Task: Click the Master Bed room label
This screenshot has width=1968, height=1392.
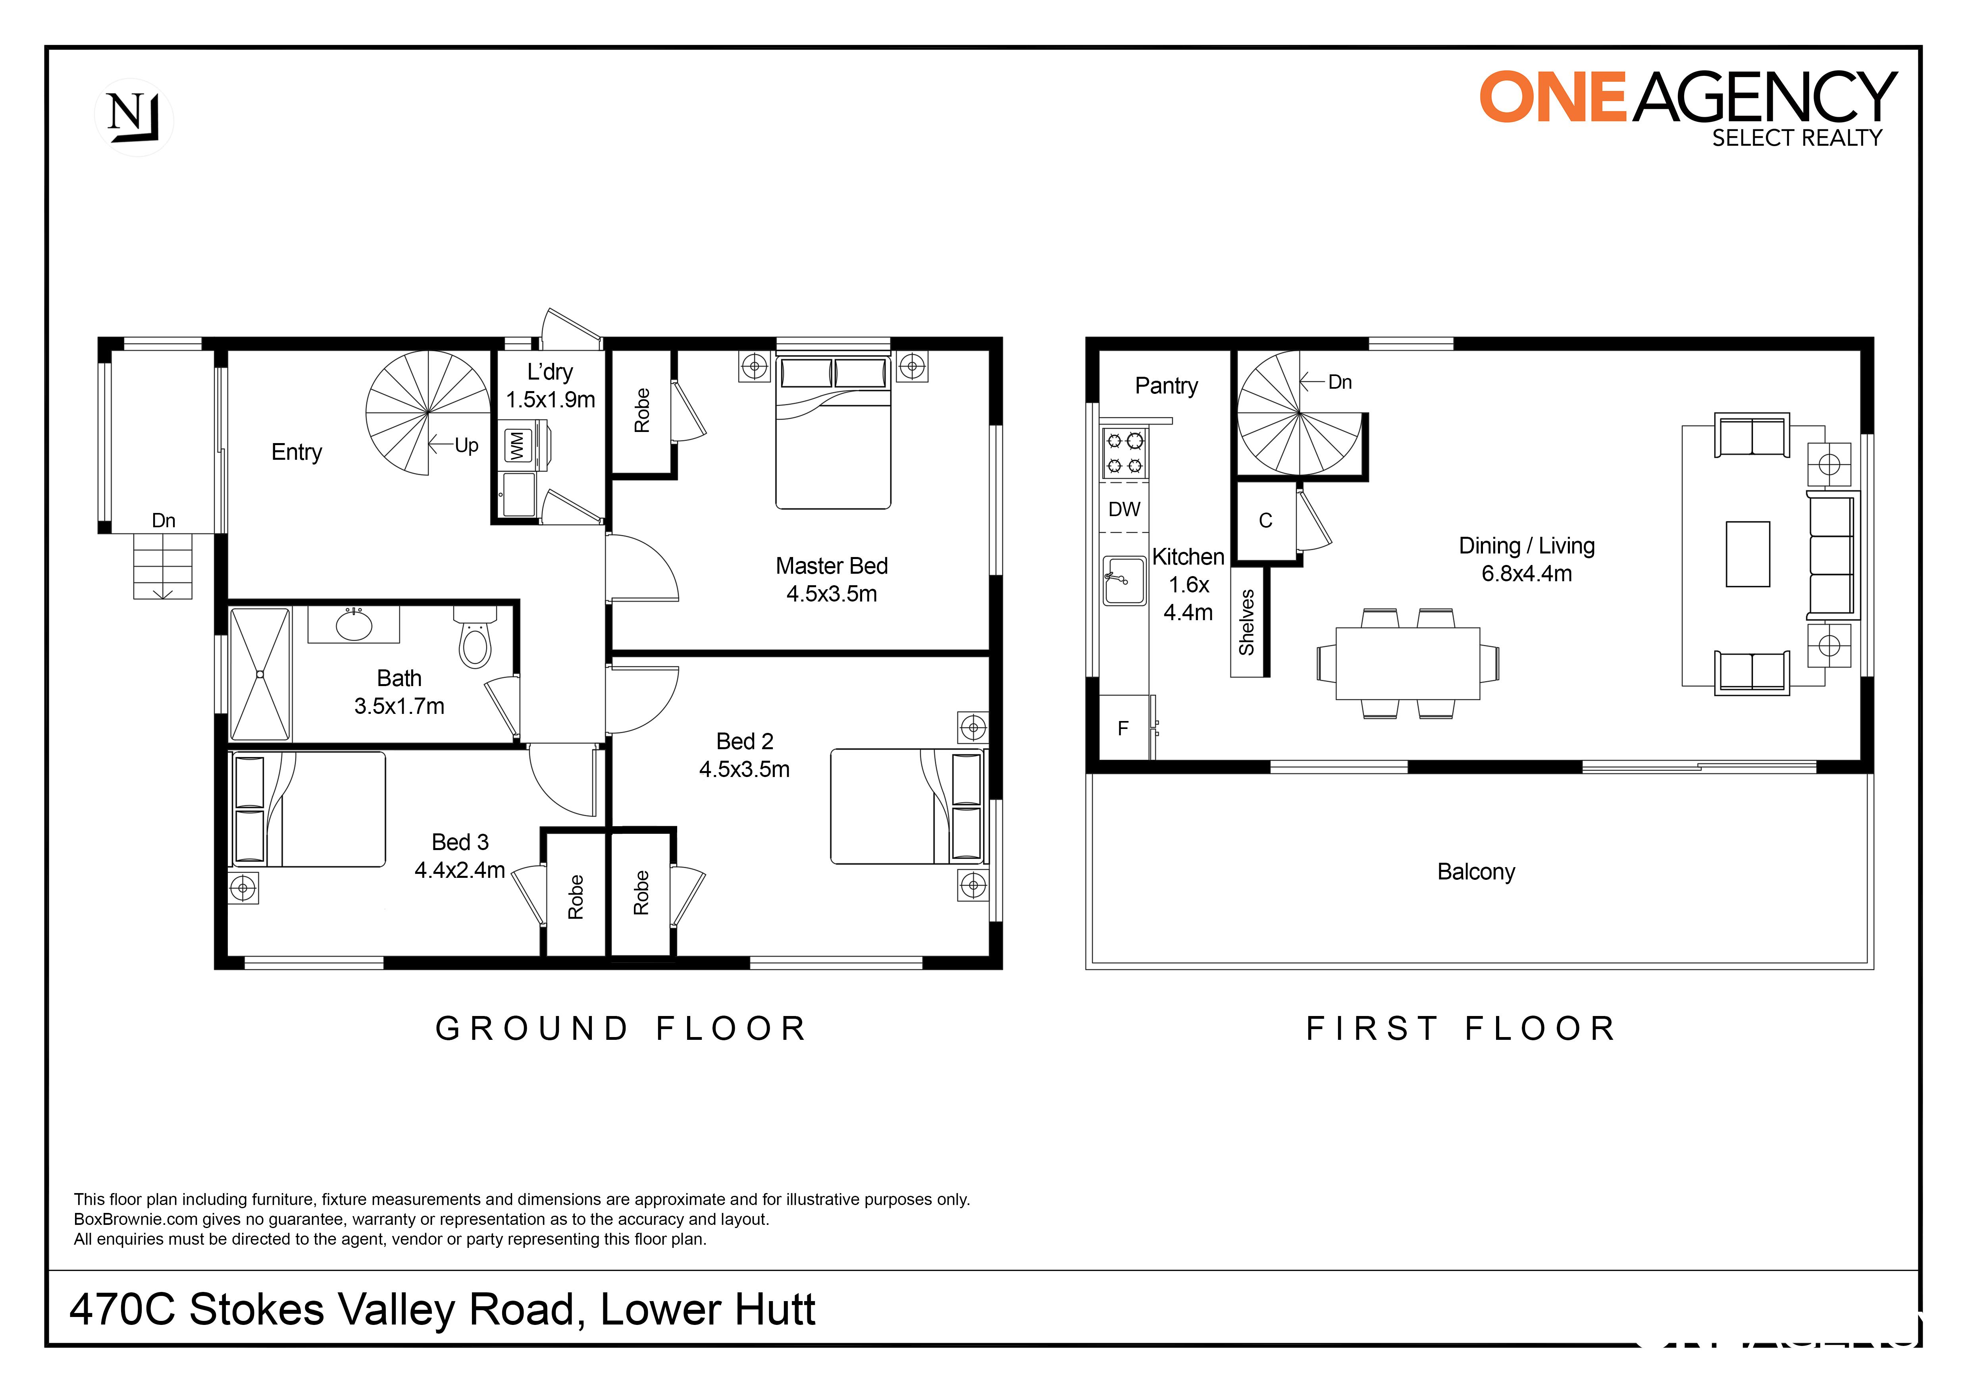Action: tap(832, 566)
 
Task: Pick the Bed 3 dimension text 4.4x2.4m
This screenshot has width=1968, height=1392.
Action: tap(459, 870)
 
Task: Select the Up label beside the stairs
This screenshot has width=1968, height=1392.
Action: tap(466, 446)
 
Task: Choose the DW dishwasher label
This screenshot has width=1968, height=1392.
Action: tap(1124, 509)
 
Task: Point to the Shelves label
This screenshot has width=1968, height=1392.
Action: tap(1247, 622)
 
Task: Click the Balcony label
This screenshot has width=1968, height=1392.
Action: tap(1476, 872)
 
